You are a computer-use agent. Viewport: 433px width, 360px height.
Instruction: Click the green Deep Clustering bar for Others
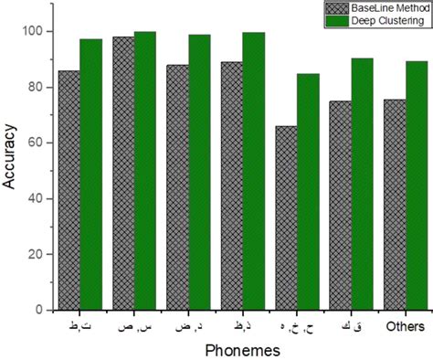point(417,185)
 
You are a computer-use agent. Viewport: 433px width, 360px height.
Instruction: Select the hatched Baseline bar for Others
point(395,205)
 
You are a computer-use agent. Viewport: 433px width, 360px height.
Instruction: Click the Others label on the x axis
point(405,326)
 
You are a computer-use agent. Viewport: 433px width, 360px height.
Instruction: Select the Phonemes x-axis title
point(242,350)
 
